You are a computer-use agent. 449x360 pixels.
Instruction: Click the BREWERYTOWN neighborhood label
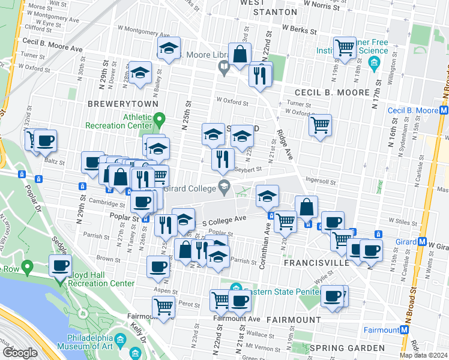point(122,104)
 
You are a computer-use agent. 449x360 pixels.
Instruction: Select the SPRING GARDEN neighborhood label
point(346,348)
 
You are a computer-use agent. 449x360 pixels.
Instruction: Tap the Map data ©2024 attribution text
point(423,355)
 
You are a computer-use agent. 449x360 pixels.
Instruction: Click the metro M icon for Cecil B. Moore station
point(444,110)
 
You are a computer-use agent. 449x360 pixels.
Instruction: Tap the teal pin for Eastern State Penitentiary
point(235,288)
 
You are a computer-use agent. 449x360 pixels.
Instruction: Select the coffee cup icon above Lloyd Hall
point(60,266)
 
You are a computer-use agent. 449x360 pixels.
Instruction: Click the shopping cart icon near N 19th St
point(345,47)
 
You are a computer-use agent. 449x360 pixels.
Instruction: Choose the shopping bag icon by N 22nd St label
point(240,54)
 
